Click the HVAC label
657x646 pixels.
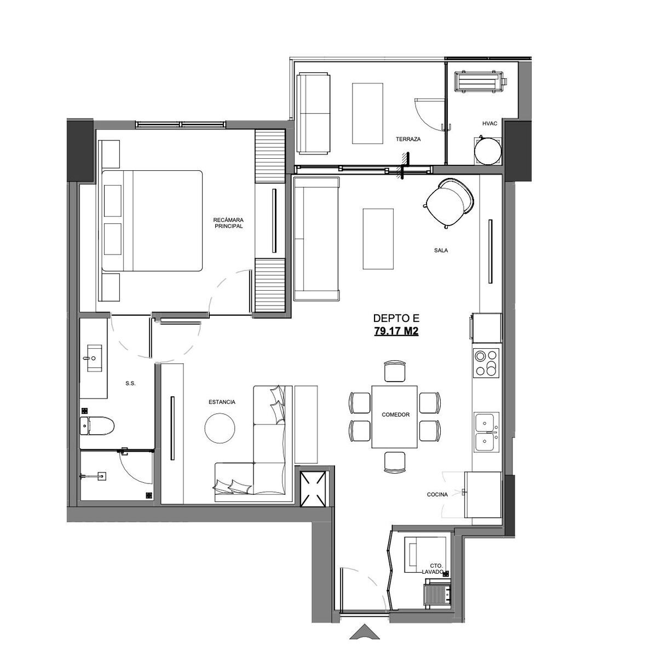(x=489, y=124)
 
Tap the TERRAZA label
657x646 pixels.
(x=408, y=139)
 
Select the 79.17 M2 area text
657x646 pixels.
(x=396, y=331)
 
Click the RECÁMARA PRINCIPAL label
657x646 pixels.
(x=228, y=223)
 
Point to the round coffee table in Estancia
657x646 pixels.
(x=220, y=428)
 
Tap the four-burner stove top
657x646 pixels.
(x=486, y=364)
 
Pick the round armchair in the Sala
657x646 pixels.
(x=447, y=203)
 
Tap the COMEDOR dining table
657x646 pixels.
(x=394, y=417)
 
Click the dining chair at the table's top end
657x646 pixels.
(x=395, y=371)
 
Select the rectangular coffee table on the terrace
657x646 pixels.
(x=367, y=113)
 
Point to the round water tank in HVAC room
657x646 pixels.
(x=488, y=151)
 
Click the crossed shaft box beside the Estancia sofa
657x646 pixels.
(x=313, y=489)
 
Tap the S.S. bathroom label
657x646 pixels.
(x=130, y=383)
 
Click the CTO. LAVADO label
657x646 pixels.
(x=433, y=569)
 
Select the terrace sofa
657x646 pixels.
(x=314, y=113)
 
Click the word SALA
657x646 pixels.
(x=441, y=250)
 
